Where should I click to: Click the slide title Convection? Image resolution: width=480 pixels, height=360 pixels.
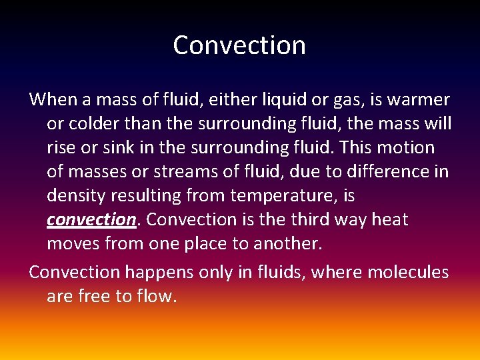(239, 45)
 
